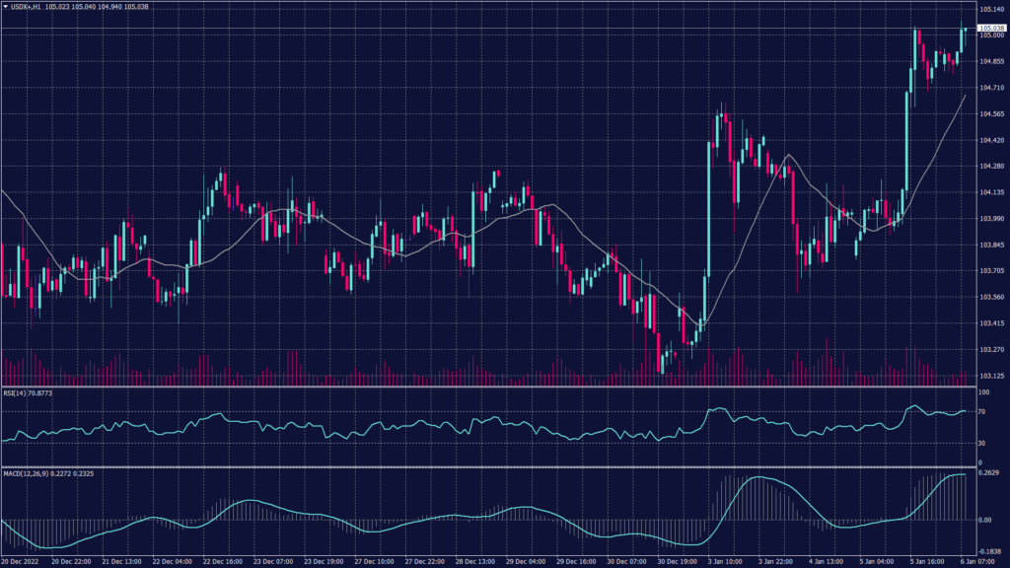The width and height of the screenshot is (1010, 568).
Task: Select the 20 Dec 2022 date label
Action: click(x=21, y=562)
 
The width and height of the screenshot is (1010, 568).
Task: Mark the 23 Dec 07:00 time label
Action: click(x=271, y=562)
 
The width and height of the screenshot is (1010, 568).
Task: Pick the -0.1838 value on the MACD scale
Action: click(x=989, y=552)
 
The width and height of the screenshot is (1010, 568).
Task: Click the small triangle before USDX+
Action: click(x=5, y=6)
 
